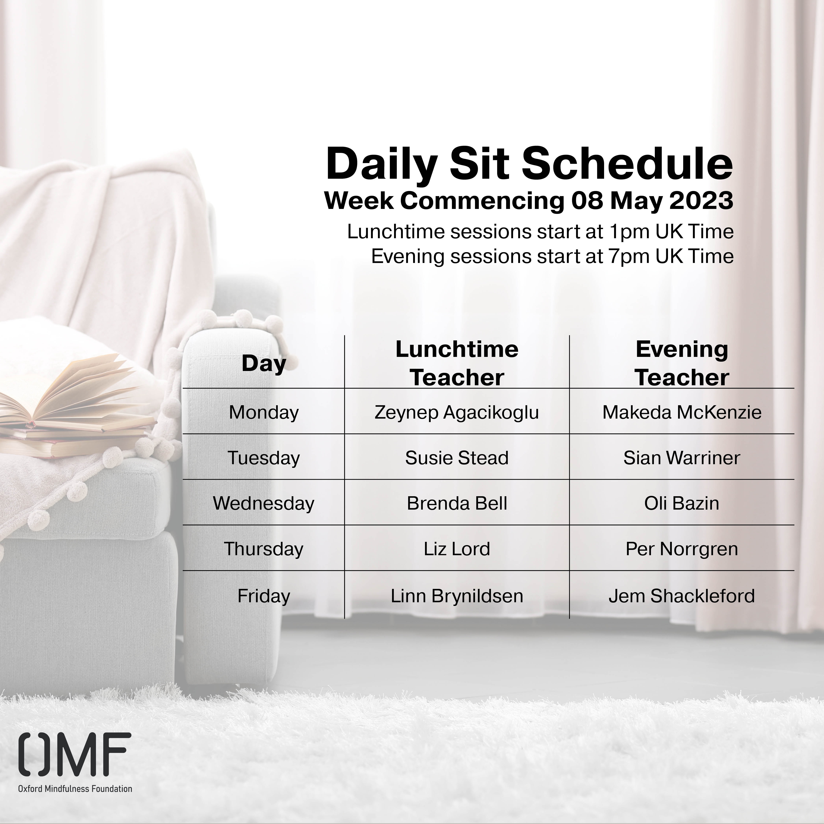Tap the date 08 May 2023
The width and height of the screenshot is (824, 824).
[x=653, y=201]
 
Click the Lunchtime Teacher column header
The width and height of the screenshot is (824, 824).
[x=457, y=363]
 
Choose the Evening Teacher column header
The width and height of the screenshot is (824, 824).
[x=682, y=363]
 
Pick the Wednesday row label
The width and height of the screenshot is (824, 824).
[x=263, y=503]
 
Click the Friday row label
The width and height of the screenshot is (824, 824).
[x=263, y=596]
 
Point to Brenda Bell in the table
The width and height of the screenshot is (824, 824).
[x=457, y=503]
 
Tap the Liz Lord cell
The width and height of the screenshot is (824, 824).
[x=457, y=549]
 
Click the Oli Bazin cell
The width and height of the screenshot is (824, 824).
[x=682, y=503]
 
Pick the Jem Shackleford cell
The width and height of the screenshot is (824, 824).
[x=682, y=596]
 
